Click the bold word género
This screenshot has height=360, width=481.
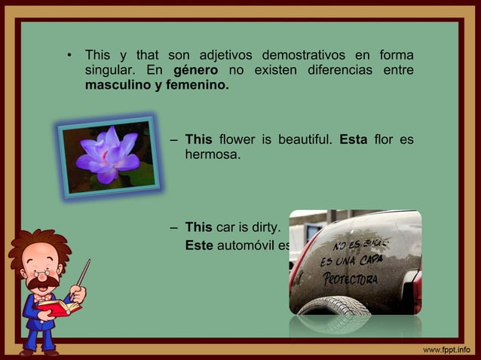pos(196,71)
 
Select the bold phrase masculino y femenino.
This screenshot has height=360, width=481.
pos(157,86)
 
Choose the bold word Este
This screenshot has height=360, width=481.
pos(199,245)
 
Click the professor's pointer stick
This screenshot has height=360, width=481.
pos(83,273)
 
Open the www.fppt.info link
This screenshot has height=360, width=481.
pos(446,349)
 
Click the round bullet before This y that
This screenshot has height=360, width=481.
pos(69,56)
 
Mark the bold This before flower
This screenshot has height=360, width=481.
pos(199,139)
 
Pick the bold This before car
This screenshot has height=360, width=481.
pos(199,227)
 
